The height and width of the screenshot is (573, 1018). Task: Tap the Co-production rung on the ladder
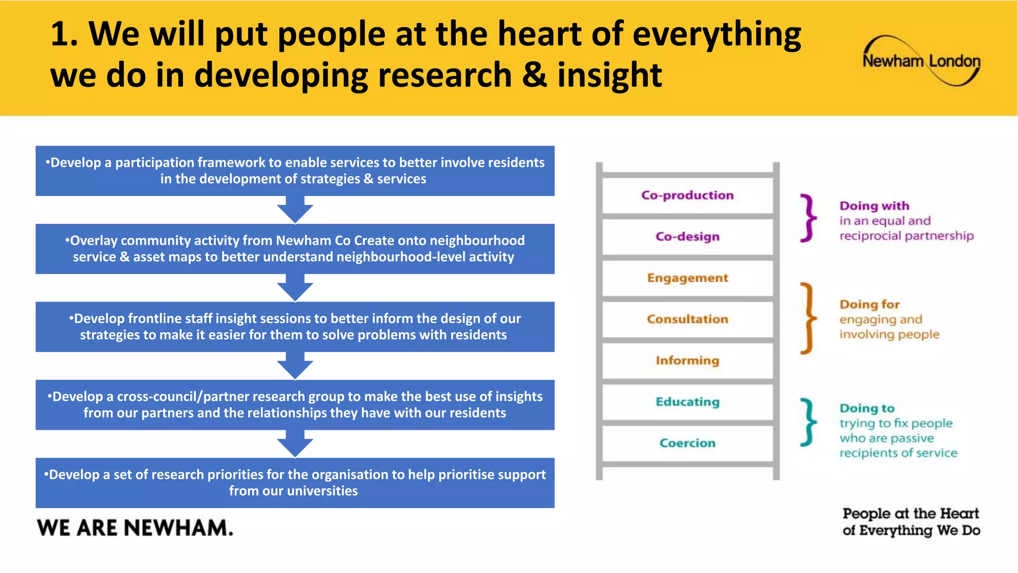[687, 195]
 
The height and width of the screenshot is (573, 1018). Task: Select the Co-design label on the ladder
[687, 237]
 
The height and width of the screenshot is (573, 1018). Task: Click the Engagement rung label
[687, 278]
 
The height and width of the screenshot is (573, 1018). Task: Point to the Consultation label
[687, 319]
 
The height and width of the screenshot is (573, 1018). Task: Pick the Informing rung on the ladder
[687, 361]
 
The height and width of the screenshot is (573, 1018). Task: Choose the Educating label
[687, 402]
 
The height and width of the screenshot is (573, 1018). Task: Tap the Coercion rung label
[687, 443]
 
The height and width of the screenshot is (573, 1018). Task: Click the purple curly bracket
[808, 218]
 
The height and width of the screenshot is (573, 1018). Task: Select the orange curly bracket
[808, 318]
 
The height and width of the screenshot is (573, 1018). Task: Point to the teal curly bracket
[808, 422]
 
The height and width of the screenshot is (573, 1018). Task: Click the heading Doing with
[874, 206]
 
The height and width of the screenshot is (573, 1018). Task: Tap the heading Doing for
[869, 304]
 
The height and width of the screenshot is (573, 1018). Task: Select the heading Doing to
[867, 408]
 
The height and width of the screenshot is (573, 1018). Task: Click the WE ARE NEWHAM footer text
[135, 528]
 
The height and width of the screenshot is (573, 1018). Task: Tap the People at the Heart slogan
[911, 522]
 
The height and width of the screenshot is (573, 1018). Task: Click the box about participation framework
[295, 171]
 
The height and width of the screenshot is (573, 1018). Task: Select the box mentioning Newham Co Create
[295, 249]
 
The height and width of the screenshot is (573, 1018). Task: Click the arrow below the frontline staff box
[295, 366]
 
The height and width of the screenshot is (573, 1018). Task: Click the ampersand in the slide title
[534, 76]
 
